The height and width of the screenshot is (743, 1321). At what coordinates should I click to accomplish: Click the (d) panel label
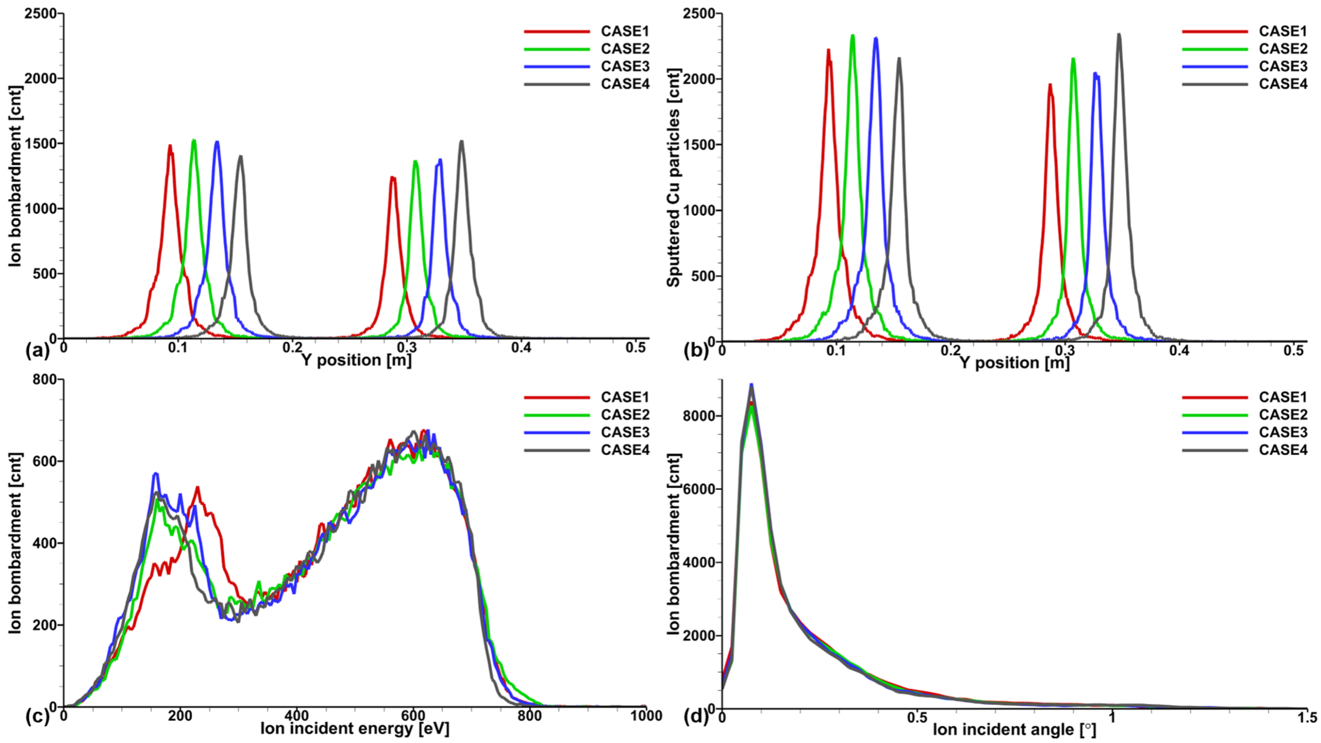696,717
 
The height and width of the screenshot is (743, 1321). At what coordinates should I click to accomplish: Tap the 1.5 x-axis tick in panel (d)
1307,717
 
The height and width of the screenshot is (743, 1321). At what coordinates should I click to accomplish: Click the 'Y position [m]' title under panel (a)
356,360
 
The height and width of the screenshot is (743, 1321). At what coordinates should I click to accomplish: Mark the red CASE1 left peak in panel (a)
170,146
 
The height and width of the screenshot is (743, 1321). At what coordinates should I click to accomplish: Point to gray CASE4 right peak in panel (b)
1119,35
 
